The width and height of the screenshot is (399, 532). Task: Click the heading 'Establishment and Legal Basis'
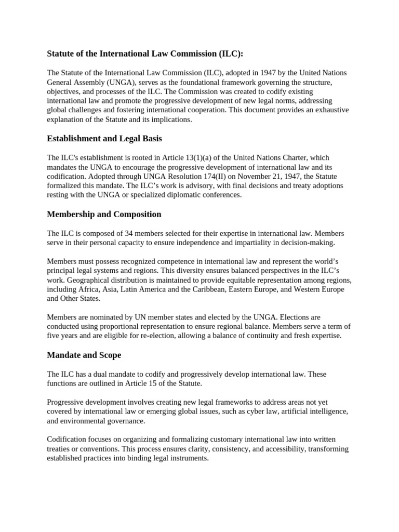coord(104,139)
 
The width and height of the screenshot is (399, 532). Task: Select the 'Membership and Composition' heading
coord(104,214)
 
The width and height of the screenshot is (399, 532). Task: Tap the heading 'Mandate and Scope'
coord(84,355)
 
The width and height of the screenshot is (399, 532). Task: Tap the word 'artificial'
coord(291,412)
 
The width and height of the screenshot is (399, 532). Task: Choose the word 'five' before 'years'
coord(54,336)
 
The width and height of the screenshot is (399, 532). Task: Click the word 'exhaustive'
coord(331,110)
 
